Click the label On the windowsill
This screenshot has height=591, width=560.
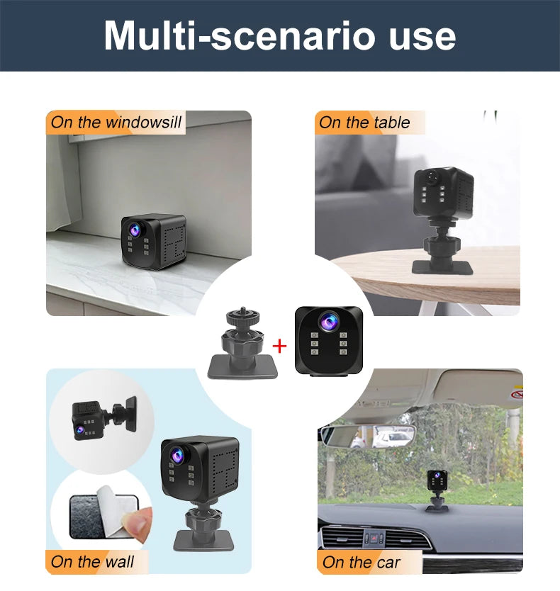pos(116,122)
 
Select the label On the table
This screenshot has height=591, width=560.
pos(364,123)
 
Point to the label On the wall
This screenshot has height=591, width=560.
pos(92,562)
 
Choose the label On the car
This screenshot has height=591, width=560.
pos(362,563)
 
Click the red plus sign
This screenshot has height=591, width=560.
pos(279,346)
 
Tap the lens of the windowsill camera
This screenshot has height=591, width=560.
pos(135,228)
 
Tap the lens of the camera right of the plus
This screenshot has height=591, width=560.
pos(328,322)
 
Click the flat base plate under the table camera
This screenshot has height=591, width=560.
pos(442,268)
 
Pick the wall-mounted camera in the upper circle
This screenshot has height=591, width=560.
pos(104,418)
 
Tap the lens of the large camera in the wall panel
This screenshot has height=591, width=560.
pos(178,455)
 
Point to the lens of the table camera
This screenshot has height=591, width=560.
pos(432,176)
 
